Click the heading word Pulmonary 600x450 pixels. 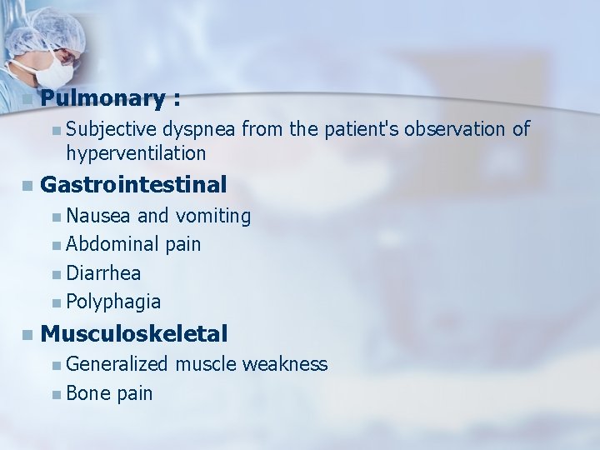102,99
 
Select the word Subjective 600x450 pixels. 112,129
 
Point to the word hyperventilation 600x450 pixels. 136,153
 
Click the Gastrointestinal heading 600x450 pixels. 133,183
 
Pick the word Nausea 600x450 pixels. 98,217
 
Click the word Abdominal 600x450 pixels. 113,244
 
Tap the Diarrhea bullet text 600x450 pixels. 103,272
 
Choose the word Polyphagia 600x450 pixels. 113,302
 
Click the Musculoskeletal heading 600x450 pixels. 133,334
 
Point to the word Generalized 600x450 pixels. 117,364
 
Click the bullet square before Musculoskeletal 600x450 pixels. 28,335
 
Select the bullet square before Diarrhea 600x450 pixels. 55,273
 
